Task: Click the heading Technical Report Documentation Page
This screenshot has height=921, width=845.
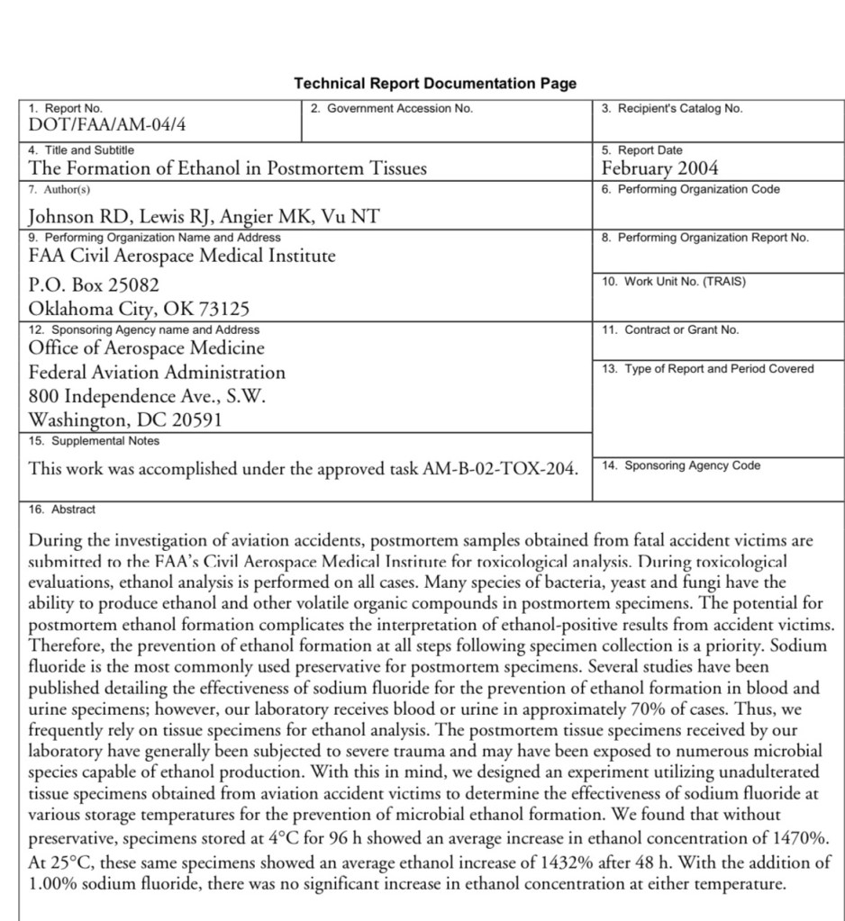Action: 435,84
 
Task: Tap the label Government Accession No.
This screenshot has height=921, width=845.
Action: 391,109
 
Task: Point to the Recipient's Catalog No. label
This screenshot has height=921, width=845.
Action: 672,109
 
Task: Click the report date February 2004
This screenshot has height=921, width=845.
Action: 659,168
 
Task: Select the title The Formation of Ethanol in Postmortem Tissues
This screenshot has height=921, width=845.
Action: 228,168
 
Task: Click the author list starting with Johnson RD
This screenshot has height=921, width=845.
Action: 204,216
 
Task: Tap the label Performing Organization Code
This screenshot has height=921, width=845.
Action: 690,190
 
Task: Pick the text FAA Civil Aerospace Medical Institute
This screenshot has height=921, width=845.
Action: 182,256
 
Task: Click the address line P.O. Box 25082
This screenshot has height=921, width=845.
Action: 94,285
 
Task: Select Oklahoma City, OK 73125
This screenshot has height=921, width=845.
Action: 139,310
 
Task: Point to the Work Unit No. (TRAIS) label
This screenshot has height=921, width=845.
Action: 674,282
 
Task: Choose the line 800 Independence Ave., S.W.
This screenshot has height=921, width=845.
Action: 147,396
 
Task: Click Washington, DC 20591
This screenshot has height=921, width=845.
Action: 125,420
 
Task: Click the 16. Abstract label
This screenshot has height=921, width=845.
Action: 62,510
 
